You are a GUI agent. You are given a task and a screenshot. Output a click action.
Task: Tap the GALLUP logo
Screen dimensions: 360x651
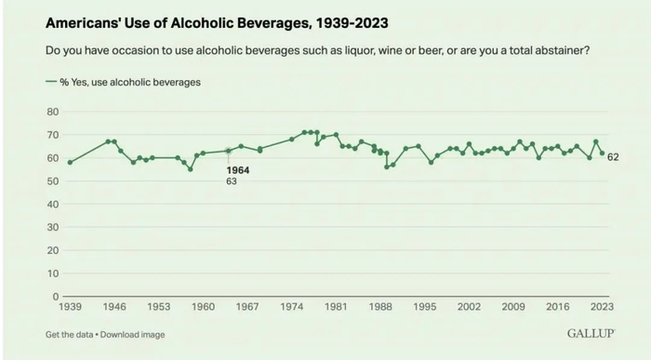tap(588, 332)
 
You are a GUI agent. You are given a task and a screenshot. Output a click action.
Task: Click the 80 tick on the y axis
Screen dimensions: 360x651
tap(52, 112)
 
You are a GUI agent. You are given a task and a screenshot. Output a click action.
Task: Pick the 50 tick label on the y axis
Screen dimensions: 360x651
tap(52, 181)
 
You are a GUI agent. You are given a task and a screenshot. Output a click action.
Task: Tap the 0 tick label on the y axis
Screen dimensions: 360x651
tap(55, 297)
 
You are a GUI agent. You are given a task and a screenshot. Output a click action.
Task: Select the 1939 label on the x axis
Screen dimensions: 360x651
tap(71, 306)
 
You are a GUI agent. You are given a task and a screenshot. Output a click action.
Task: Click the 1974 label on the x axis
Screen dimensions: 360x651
tap(292, 306)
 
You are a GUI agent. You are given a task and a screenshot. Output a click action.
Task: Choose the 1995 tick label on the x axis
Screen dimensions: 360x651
tap(425, 306)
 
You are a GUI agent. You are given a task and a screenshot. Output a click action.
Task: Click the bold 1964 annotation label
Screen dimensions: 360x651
tap(238, 170)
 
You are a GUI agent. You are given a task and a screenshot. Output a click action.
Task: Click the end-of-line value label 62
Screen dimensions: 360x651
tap(614, 158)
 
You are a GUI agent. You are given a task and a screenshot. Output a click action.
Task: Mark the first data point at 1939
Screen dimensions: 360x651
tap(70, 162)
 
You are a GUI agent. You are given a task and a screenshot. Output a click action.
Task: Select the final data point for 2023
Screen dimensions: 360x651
tap(602, 153)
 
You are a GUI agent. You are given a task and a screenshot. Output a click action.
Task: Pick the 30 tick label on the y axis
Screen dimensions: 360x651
tap(52, 227)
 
